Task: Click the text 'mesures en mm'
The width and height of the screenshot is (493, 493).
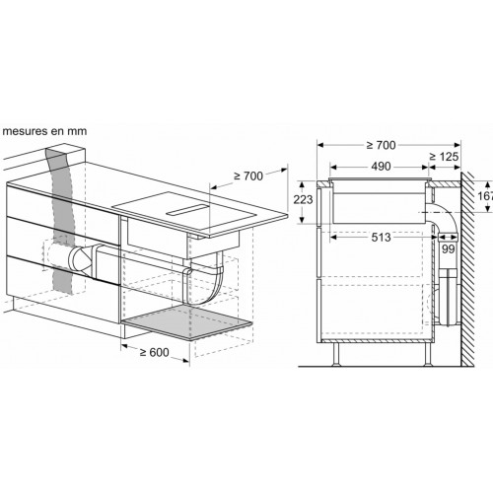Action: click(x=44, y=131)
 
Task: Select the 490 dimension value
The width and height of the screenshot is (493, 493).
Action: click(x=381, y=167)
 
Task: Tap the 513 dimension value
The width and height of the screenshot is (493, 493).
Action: click(x=381, y=238)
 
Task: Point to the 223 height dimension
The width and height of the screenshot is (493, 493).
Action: click(x=303, y=199)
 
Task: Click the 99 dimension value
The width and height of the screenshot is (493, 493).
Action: click(x=448, y=249)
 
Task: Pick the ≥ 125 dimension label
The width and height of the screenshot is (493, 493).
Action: click(x=444, y=157)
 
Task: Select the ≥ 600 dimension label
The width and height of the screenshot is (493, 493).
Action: click(x=154, y=353)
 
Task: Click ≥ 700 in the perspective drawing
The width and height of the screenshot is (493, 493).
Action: click(x=248, y=176)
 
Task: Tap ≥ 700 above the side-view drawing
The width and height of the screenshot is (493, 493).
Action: click(x=382, y=145)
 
